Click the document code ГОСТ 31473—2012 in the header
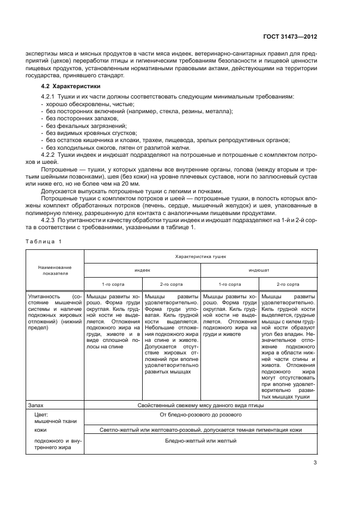(x=290, y=37)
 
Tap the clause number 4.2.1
(x=51, y=96)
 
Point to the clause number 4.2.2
(x=51, y=155)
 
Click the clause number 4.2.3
(x=51, y=220)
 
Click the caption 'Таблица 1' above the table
(x=44, y=241)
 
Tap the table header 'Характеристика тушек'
(x=200, y=255)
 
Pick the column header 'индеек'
(x=142, y=269)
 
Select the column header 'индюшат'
(x=259, y=269)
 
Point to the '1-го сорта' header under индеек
(x=113, y=284)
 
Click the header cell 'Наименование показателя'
(x=54, y=271)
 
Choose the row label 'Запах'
(x=35, y=405)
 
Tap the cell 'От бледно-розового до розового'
(x=200, y=415)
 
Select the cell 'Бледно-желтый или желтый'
(x=200, y=440)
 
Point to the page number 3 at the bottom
(x=315, y=464)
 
